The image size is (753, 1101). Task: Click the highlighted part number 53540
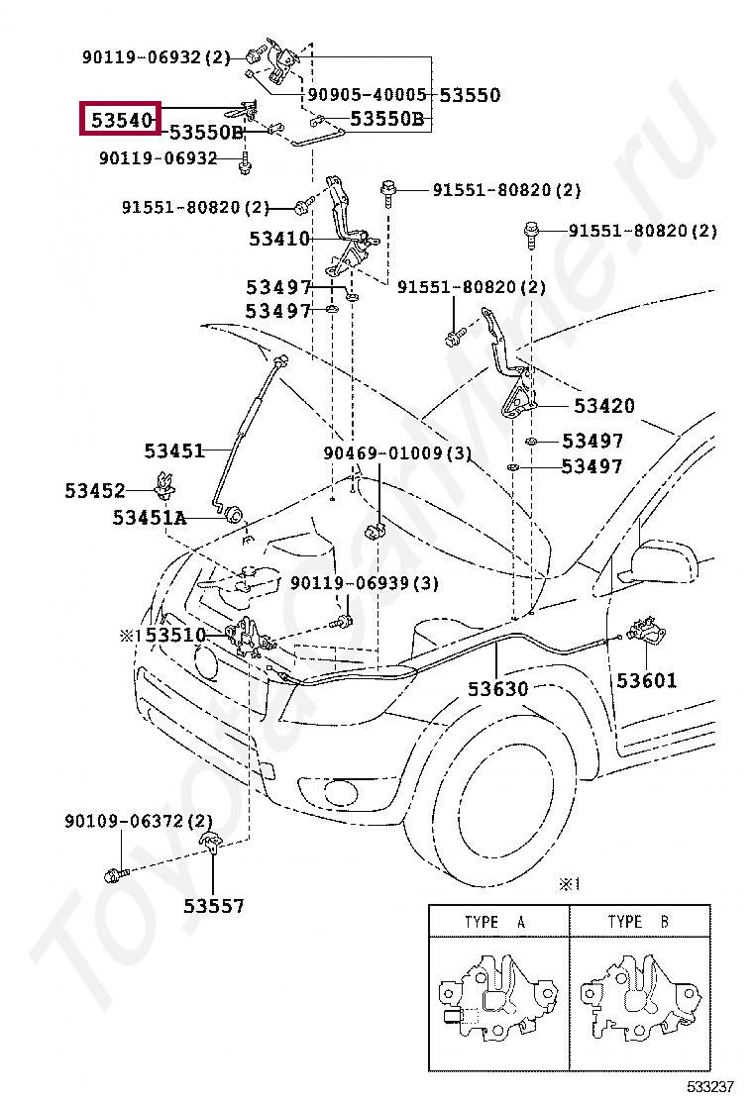(120, 120)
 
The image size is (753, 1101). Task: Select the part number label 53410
(279, 239)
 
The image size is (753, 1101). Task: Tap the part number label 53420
(603, 406)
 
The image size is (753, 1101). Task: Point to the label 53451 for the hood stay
(173, 450)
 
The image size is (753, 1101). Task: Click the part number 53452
(95, 490)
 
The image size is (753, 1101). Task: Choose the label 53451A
(149, 518)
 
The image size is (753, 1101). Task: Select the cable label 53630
(498, 688)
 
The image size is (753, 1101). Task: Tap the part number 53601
(646, 680)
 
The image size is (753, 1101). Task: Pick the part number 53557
(213, 905)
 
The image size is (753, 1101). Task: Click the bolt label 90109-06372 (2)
(139, 821)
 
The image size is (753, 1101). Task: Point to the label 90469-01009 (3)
(397, 453)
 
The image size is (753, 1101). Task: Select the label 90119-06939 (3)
(364, 583)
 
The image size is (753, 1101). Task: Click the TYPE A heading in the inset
(495, 922)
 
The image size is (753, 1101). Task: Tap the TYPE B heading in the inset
(638, 922)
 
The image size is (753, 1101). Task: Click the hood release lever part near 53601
(646, 630)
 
